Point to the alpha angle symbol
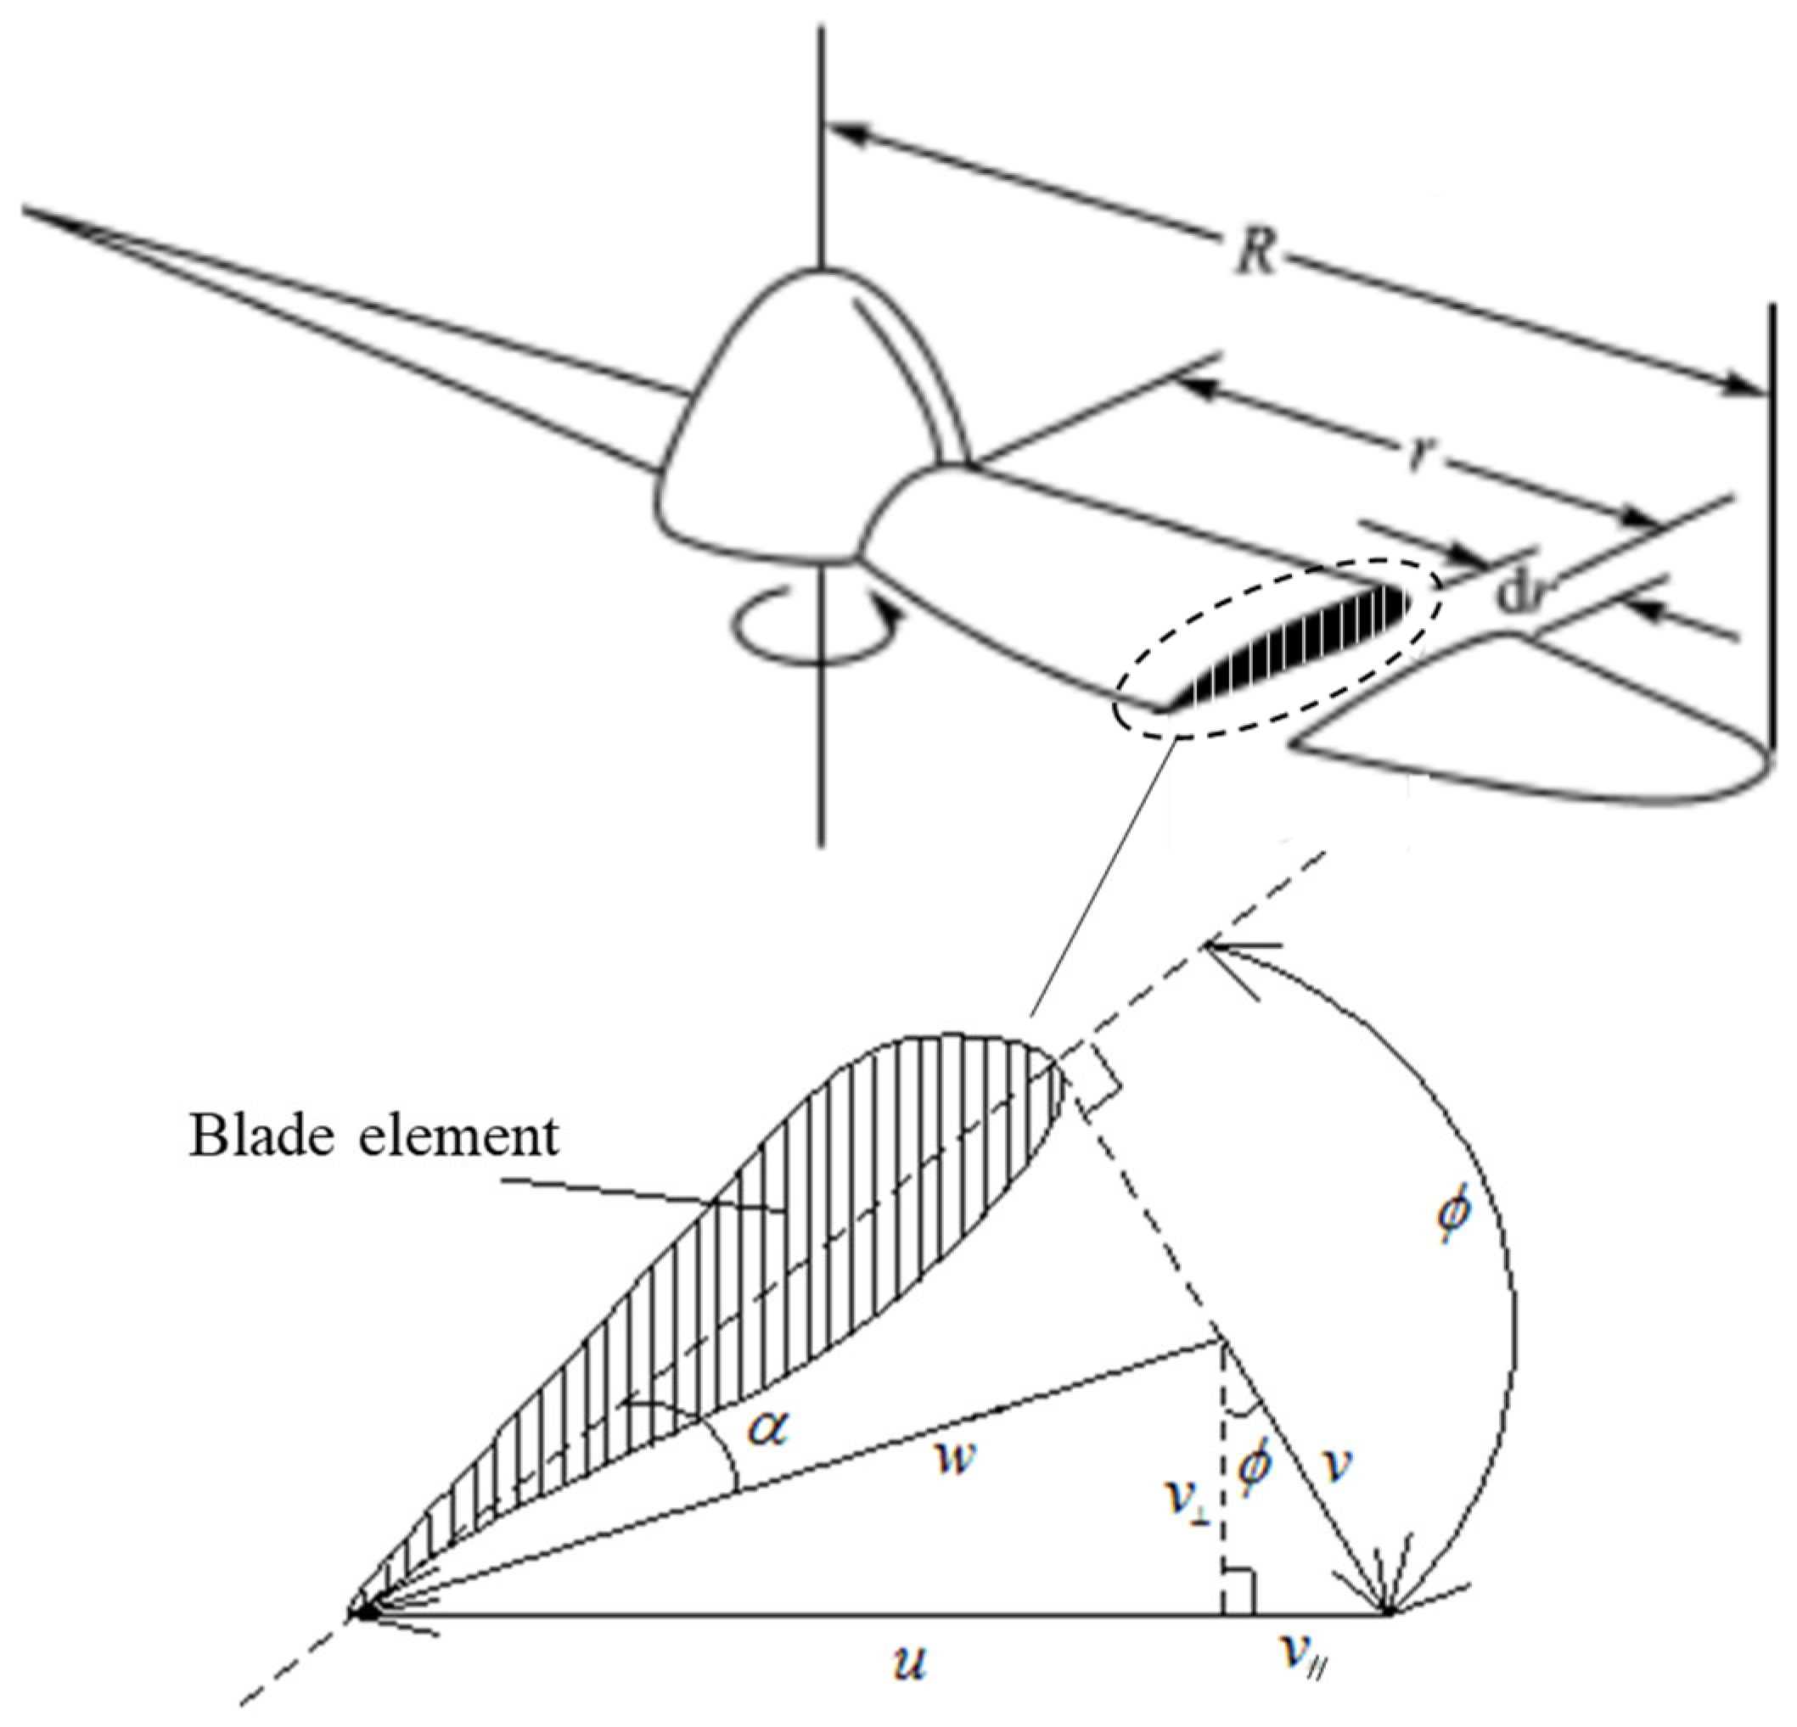click(x=767, y=1427)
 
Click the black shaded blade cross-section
click(x=1302, y=651)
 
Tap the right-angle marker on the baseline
click(x=1238, y=1599)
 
